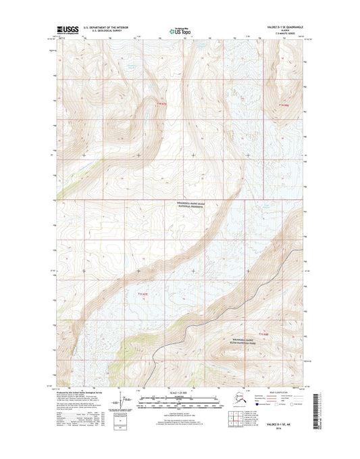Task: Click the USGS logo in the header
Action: [x=65, y=29]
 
